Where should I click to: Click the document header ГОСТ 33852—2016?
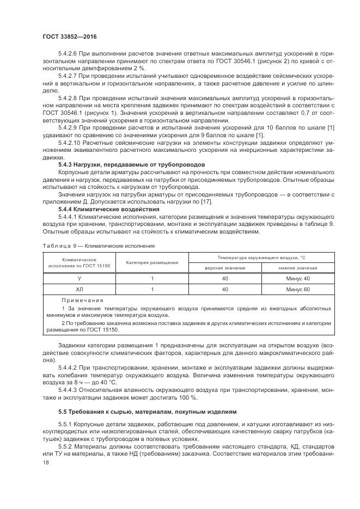pyautogui.click(x=65, y=36)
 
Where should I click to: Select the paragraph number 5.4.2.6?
pyautogui.click(x=69, y=55)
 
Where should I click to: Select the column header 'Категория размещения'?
pyautogui.click(x=152, y=262)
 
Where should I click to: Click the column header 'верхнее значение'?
pyautogui.click(x=225, y=267)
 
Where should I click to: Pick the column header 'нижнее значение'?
pyautogui.click(x=297, y=267)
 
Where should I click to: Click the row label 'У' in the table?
pyautogui.click(x=79, y=278)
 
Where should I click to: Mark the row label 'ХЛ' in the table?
pyautogui.click(x=79, y=289)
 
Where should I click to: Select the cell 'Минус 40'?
pyautogui.click(x=297, y=278)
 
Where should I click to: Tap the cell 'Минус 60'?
pyautogui.click(x=297, y=289)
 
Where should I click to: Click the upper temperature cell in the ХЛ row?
pyautogui.click(x=225, y=289)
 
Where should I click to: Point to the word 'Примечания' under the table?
pyautogui.click(x=82, y=300)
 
